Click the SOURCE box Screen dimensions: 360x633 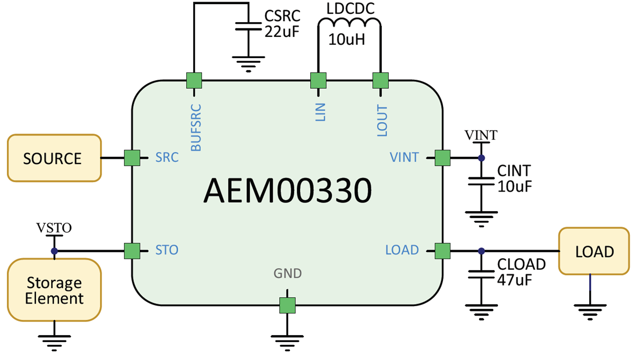point(54,158)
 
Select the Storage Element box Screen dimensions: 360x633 point(54,290)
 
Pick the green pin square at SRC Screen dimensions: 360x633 point(131,157)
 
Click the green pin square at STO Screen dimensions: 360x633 point(131,251)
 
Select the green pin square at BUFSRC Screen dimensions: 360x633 point(194,80)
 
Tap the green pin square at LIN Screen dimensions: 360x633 point(318,80)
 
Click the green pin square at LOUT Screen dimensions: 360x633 point(380,80)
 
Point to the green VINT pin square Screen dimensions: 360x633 point(442,157)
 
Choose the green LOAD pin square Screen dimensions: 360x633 point(442,251)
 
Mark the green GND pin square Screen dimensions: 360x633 point(287,305)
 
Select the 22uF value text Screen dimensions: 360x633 point(282,32)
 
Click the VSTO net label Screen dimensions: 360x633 point(54,228)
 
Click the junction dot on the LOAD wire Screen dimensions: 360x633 point(481,251)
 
